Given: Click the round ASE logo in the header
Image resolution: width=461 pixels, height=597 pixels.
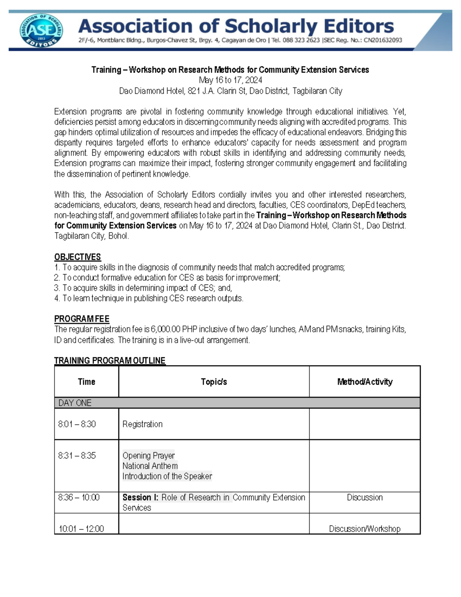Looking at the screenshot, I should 41,31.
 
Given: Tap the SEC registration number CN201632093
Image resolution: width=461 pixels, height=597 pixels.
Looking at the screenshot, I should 380,40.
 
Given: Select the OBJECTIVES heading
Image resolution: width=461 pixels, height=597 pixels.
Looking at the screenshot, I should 77,257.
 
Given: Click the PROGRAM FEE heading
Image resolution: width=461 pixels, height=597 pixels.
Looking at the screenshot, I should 81,319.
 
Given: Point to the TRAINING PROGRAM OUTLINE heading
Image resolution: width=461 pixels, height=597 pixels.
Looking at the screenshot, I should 109,361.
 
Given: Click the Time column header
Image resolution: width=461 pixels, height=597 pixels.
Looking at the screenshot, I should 86,382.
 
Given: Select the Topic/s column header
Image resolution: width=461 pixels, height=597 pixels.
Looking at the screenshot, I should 214,382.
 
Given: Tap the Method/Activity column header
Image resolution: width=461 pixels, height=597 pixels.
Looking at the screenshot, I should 365,382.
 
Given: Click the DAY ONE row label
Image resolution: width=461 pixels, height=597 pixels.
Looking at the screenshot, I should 75,403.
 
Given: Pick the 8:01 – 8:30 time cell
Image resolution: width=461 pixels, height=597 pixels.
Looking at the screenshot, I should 77,424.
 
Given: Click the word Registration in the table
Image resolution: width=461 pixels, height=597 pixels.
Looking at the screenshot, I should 142,424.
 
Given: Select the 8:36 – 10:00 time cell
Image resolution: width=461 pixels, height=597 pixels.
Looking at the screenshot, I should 79,497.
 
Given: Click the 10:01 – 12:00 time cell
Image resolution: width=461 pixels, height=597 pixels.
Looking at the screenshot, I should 81,529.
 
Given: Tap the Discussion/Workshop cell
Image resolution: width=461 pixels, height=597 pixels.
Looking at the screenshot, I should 365,529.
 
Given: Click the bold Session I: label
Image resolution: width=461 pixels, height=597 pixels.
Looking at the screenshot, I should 140,497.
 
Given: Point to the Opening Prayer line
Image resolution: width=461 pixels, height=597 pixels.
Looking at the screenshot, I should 148,456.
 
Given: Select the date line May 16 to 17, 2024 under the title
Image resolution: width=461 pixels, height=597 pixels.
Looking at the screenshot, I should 230,80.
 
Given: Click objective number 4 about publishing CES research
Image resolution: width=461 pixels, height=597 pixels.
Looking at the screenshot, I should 149,298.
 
